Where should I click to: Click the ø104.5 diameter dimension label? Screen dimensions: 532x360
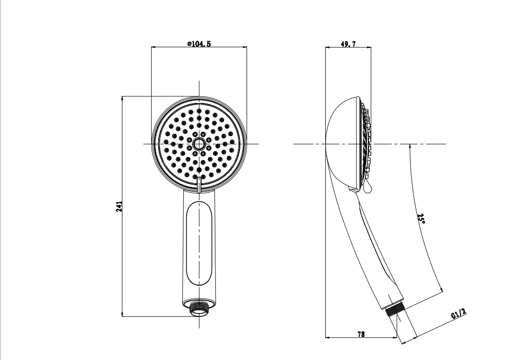tap(199, 44)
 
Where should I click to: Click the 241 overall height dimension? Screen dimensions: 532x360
tap(119, 207)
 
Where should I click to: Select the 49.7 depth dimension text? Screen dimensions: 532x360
tap(348, 44)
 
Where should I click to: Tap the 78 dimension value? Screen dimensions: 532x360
tap(361, 334)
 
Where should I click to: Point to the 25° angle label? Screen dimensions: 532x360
tap(421, 219)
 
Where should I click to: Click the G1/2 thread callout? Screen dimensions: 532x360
tap(459, 314)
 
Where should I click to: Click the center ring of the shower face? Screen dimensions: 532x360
tap(199, 144)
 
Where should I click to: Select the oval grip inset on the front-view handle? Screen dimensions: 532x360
tap(199, 244)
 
